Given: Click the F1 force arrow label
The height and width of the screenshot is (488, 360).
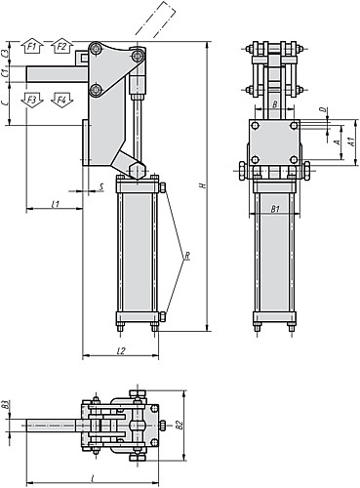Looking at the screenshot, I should [32, 46].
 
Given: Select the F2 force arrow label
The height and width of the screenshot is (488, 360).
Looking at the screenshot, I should [60, 46].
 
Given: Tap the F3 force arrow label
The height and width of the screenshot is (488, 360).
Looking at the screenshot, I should [32, 99].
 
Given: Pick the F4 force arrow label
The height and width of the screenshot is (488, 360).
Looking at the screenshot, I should [60, 99].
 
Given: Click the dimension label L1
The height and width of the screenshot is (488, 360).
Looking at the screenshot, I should [56, 203].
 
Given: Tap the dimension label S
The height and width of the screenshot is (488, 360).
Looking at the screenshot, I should [102, 185].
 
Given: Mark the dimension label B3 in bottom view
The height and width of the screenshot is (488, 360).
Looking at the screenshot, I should [6, 405].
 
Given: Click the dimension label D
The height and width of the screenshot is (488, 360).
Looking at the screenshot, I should [323, 111].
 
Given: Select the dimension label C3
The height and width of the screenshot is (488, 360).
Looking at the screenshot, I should [6, 50].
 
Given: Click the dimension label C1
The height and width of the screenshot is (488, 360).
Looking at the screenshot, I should [6, 71].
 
